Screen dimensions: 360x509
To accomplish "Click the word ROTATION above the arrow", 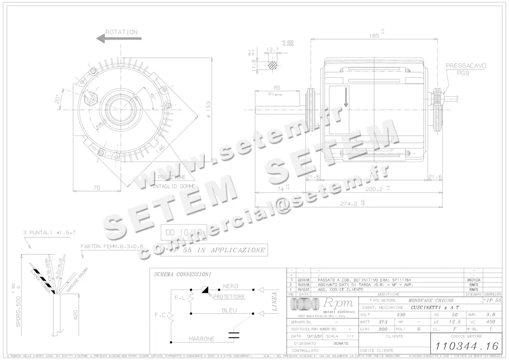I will [121, 32].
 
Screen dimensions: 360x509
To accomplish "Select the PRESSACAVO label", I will [466, 66].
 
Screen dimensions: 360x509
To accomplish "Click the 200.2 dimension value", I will [375, 188].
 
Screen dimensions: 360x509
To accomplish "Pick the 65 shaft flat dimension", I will [277, 88].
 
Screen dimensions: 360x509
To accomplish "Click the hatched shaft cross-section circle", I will [273, 65].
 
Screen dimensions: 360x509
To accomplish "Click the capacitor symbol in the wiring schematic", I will [232, 335].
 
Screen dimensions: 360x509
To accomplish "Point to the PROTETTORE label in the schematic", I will [229, 296].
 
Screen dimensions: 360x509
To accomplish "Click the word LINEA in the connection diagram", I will [274, 301].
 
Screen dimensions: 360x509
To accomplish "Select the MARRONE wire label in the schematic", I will [201, 339].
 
